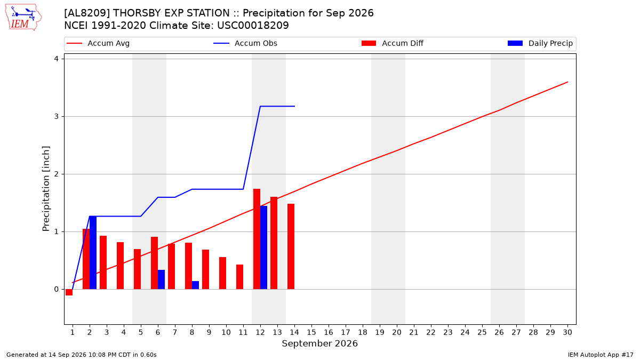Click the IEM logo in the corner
[x=23, y=18]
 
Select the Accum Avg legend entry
[x=98, y=43]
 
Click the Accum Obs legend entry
[x=245, y=43]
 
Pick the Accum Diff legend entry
[x=393, y=43]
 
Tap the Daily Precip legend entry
[x=540, y=43]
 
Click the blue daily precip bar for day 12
[x=263, y=247]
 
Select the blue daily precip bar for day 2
[x=93, y=253]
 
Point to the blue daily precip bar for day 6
[x=162, y=279]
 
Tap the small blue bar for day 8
[x=195, y=285]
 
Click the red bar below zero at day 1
[x=69, y=292]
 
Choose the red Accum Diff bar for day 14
[x=291, y=246]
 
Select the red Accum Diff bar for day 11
[x=239, y=277]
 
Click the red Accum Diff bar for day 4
[x=121, y=266]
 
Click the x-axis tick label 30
[x=567, y=332]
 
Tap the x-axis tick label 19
[x=380, y=332]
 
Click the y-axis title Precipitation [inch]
[x=46, y=189]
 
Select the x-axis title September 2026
[x=319, y=343]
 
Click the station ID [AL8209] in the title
[x=87, y=13]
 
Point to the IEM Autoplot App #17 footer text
[x=601, y=355]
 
